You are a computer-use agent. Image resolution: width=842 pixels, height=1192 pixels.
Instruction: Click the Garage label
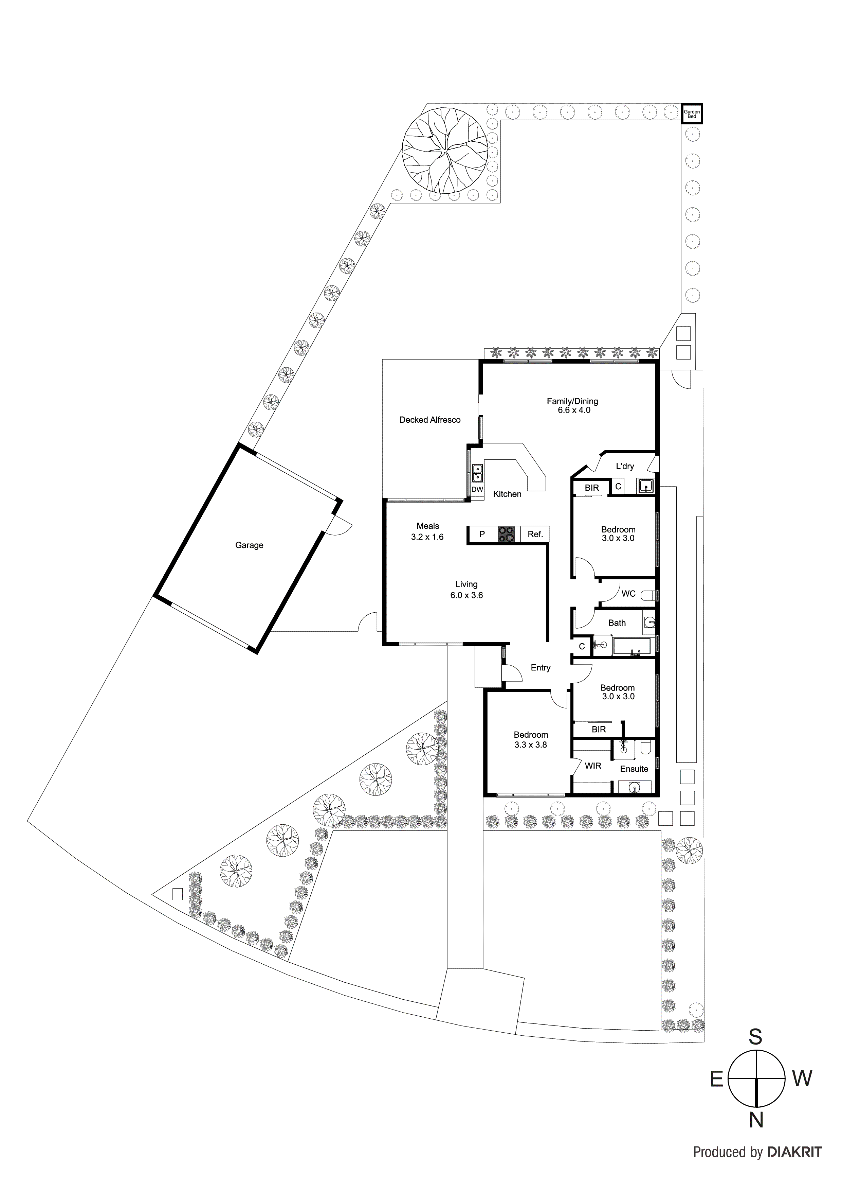tap(249, 545)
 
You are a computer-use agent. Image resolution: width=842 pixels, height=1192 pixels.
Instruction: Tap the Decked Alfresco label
tap(429, 420)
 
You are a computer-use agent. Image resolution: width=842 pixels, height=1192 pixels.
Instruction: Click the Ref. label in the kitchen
tap(535, 534)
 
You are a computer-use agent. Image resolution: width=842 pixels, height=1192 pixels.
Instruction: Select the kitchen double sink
tap(477, 473)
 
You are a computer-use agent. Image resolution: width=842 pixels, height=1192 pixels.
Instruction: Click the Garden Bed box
tap(692, 114)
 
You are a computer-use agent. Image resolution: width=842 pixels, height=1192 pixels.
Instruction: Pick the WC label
tap(628, 593)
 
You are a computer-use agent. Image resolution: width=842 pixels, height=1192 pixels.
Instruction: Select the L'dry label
tap(625, 466)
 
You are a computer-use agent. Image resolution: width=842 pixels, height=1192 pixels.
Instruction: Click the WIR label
tap(593, 766)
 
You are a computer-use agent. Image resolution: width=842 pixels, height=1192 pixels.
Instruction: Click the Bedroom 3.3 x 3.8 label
tap(531, 740)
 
